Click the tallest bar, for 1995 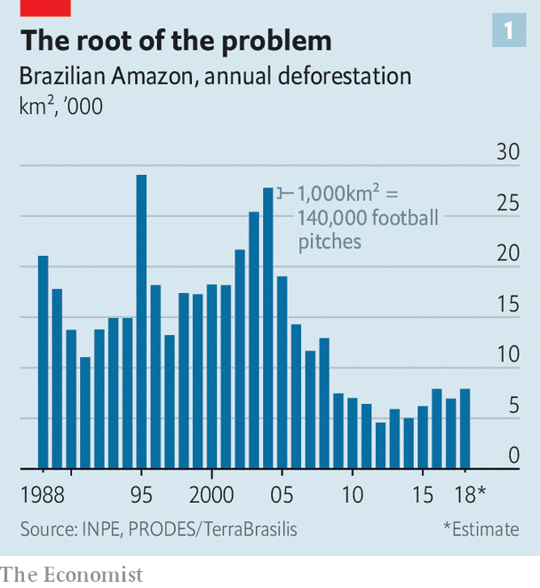coord(141,320)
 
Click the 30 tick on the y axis coord(507,152)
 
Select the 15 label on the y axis coord(507,305)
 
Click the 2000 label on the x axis coord(211,494)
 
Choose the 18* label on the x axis coord(469,494)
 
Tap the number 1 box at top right coord(508,32)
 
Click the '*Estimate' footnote coord(480,528)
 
